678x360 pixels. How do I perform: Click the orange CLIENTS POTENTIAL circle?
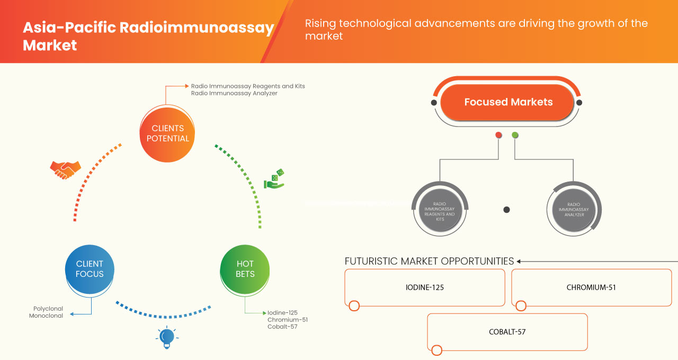point(167,133)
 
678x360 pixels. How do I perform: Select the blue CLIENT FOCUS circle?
point(90,269)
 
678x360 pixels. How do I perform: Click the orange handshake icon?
point(65,169)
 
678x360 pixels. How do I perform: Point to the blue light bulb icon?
point(167,337)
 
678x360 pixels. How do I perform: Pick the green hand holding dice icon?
point(274,179)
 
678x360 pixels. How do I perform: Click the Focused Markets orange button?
point(508,102)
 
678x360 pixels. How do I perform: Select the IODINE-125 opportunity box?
point(425,287)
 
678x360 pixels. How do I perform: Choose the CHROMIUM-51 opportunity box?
point(591,287)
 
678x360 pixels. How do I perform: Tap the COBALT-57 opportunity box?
point(507,332)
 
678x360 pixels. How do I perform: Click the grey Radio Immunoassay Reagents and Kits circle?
point(440,210)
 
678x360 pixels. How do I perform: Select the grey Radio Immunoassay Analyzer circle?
point(574,210)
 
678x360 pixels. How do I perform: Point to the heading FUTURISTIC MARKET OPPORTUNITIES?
point(429,261)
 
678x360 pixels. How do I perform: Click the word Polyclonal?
point(48,309)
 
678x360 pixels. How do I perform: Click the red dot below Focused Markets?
point(498,136)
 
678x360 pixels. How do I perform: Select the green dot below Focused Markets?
point(515,136)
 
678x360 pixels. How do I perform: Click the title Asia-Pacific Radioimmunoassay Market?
point(148,36)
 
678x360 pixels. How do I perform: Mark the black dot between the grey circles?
point(506,210)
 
